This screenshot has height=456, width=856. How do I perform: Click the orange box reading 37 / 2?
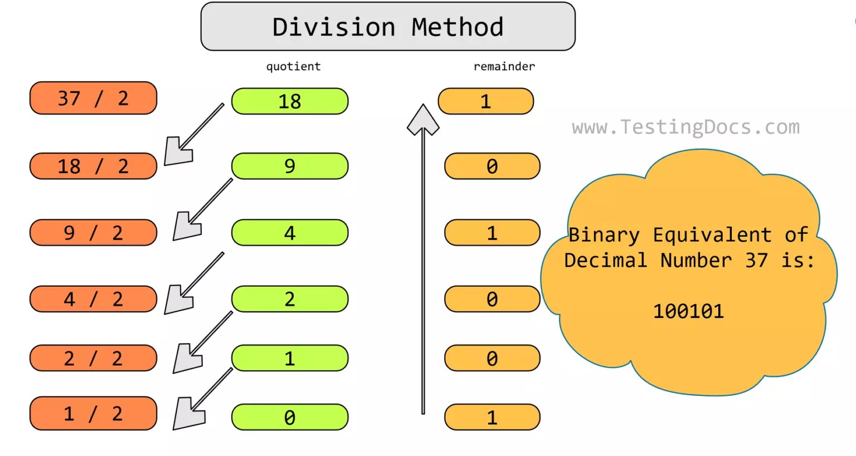(x=93, y=99)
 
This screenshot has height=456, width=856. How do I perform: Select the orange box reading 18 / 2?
(x=93, y=166)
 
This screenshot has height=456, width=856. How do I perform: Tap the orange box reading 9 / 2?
(x=93, y=233)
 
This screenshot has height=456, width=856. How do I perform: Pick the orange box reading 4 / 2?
(x=93, y=299)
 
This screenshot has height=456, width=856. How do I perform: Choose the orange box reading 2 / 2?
(x=93, y=358)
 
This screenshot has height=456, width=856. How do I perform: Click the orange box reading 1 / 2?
(x=93, y=414)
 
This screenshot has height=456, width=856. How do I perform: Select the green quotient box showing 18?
(x=290, y=101)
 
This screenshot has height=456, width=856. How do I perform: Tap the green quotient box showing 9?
(x=290, y=166)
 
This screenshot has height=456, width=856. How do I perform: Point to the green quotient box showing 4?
(x=290, y=233)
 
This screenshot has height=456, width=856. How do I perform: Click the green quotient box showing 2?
(x=290, y=299)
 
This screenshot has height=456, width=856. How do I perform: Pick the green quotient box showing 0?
(x=290, y=418)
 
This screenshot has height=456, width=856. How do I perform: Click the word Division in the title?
(x=334, y=27)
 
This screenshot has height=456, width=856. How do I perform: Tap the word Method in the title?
(x=458, y=27)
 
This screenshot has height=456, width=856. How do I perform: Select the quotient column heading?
(x=294, y=67)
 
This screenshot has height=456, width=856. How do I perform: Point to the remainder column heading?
(x=504, y=67)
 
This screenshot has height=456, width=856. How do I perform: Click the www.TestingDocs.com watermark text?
(x=685, y=128)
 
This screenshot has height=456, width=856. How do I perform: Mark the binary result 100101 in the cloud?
(x=688, y=311)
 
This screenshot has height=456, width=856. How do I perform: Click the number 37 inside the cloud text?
(x=756, y=260)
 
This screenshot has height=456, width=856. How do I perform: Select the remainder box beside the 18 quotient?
(x=486, y=101)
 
